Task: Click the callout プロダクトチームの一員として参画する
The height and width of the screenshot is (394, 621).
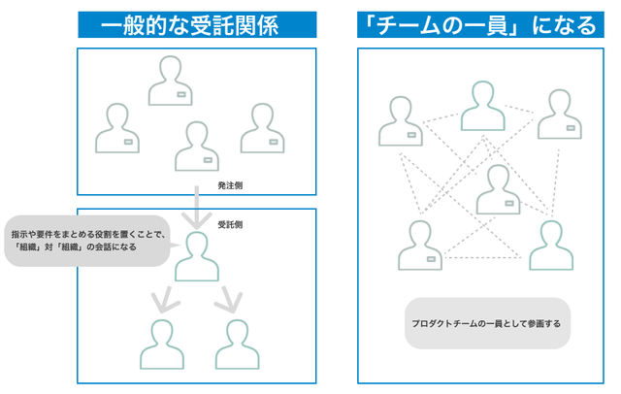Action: coord(487,322)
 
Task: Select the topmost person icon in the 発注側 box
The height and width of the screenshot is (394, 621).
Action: coord(173,82)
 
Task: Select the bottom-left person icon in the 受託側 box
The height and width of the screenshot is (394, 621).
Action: coord(161,344)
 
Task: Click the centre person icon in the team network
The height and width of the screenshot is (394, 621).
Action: coord(499,190)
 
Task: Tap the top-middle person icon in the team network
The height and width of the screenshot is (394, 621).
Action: coord(483,107)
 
